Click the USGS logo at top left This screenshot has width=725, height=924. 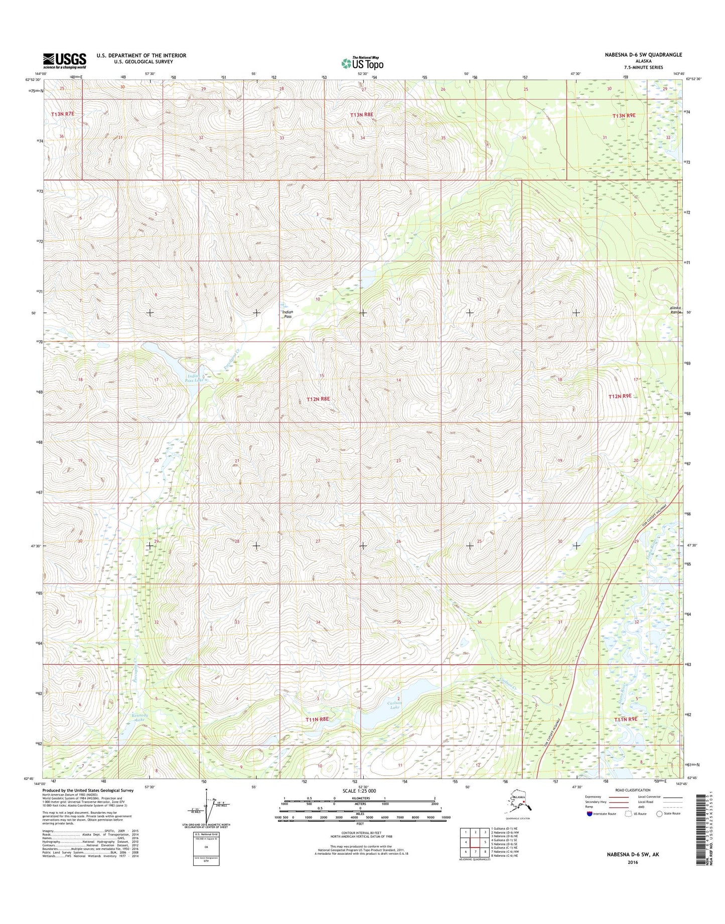pyautogui.click(x=64, y=61)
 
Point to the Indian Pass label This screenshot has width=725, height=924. pyautogui.click(x=287, y=315)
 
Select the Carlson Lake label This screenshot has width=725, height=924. pyautogui.click(x=395, y=705)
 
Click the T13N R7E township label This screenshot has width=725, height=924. pyautogui.click(x=62, y=114)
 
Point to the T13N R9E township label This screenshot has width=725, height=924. pyautogui.click(x=624, y=115)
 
